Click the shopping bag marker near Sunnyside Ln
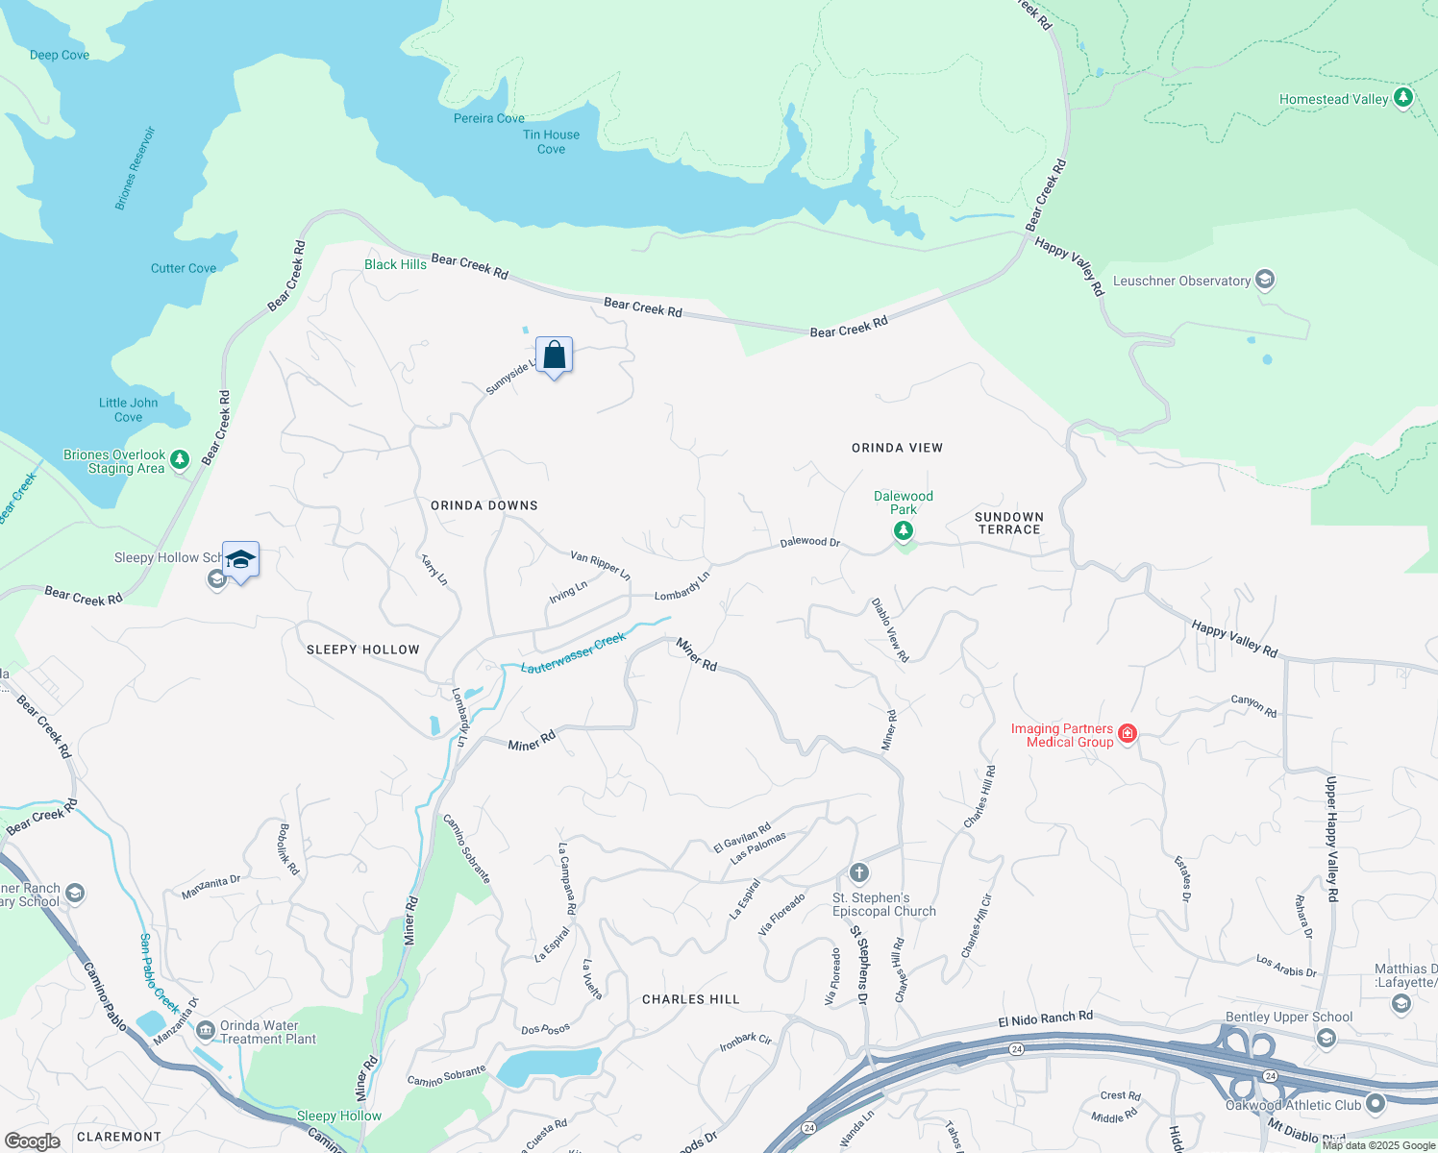click(554, 356)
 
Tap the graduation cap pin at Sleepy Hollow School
click(240, 560)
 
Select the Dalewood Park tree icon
click(903, 530)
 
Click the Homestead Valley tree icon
click(1402, 98)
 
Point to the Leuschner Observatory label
click(1181, 281)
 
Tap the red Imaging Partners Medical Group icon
click(1128, 734)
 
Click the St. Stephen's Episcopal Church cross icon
click(859, 872)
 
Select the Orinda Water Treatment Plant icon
click(205, 1031)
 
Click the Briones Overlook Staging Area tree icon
click(180, 461)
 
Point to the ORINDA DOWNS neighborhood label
click(483, 505)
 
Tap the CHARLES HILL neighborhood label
click(690, 999)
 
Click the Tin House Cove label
click(551, 142)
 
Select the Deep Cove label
click(60, 55)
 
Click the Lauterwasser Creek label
click(573, 653)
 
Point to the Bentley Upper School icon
click(1326, 1038)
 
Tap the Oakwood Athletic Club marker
click(1375, 1104)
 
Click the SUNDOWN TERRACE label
click(1008, 523)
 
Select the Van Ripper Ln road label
click(600, 565)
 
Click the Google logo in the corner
click(32, 1141)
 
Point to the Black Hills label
click(395, 264)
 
